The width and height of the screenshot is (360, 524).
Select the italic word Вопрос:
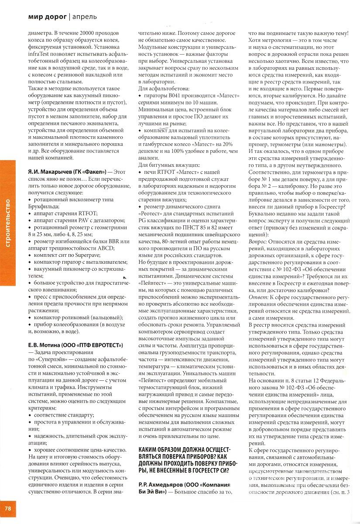(x=257, y=241)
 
